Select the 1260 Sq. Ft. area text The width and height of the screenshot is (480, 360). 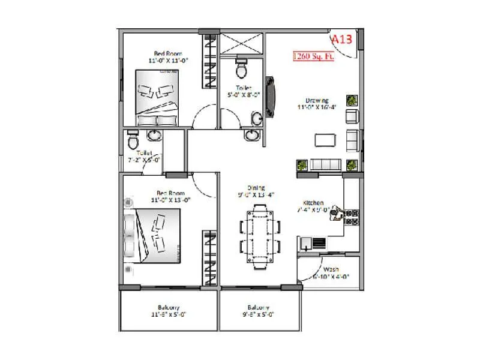click(x=313, y=57)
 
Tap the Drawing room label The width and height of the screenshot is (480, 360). click(x=317, y=100)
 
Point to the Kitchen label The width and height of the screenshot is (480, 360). click(x=313, y=203)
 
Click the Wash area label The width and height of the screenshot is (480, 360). click(x=331, y=269)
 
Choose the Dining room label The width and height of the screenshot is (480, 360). click(x=255, y=188)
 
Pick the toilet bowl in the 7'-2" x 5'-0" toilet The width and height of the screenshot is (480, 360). click(x=133, y=141)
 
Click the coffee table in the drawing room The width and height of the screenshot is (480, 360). click(x=325, y=140)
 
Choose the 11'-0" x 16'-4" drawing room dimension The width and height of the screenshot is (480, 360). click(x=317, y=107)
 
